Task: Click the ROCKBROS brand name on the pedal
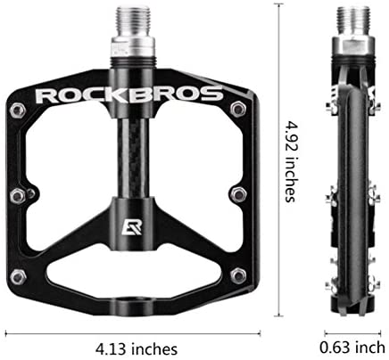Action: pos(128,93)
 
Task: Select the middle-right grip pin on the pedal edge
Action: pos(238,194)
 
